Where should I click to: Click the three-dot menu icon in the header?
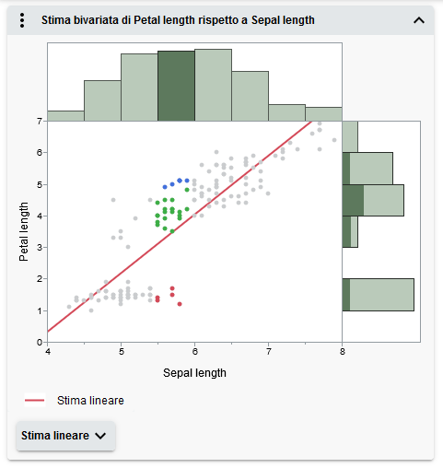click(x=22, y=19)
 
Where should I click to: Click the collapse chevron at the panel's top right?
click(x=419, y=19)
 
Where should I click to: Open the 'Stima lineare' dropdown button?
click(x=65, y=436)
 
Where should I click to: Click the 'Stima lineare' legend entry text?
click(x=90, y=400)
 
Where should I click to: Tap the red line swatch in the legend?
click(x=35, y=400)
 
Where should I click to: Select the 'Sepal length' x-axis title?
click(x=194, y=373)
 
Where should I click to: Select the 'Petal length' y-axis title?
click(x=25, y=231)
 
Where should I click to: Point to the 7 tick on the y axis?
click(x=40, y=121)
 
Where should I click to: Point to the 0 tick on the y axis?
click(x=40, y=342)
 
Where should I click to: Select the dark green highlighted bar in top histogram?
click(x=176, y=86)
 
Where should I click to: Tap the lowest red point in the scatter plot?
click(x=180, y=303)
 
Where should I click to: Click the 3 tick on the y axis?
click(x=40, y=247)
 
